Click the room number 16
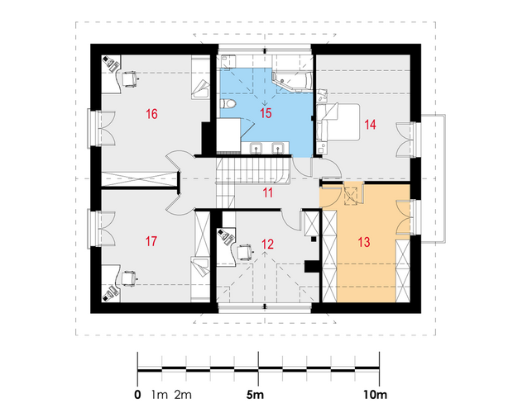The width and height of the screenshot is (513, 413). [x=151, y=114]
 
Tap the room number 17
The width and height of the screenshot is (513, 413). [x=151, y=241]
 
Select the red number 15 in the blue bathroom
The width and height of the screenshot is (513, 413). [x=266, y=113]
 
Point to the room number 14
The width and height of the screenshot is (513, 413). [x=370, y=125]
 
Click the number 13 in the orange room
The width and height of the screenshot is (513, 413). [x=364, y=242]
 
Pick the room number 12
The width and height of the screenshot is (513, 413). [x=267, y=244]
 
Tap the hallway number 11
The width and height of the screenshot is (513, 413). [x=268, y=193]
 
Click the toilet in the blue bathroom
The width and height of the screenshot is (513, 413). [x=228, y=103]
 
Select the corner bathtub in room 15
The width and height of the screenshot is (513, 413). [x=291, y=81]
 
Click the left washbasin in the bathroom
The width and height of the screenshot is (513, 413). [x=256, y=149]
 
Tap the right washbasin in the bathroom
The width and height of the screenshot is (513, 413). [x=278, y=149]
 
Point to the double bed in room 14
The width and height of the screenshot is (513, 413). [x=338, y=122]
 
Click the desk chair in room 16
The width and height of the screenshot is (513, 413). [x=129, y=78]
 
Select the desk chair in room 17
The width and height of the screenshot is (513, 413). [x=129, y=278]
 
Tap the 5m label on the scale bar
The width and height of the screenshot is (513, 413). [x=255, y=395]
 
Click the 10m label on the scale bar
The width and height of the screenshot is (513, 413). [x=376, y=395]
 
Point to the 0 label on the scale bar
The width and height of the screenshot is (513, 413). [x=137, y=395]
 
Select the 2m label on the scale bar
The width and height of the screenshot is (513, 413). [x=183, y=395]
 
